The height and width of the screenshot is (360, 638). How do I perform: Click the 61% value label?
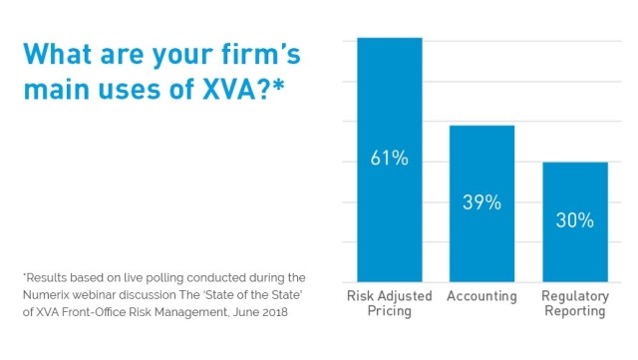(390, 160)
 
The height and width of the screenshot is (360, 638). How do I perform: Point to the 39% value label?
(481, 202)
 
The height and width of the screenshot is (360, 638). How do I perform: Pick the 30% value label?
(575, 220)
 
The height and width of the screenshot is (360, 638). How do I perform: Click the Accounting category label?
(481, 296)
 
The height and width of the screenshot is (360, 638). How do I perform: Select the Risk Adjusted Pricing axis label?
(390, 303)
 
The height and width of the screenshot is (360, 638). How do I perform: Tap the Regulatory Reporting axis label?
(575, 303)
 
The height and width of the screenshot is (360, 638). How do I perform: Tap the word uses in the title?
(131, 90)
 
